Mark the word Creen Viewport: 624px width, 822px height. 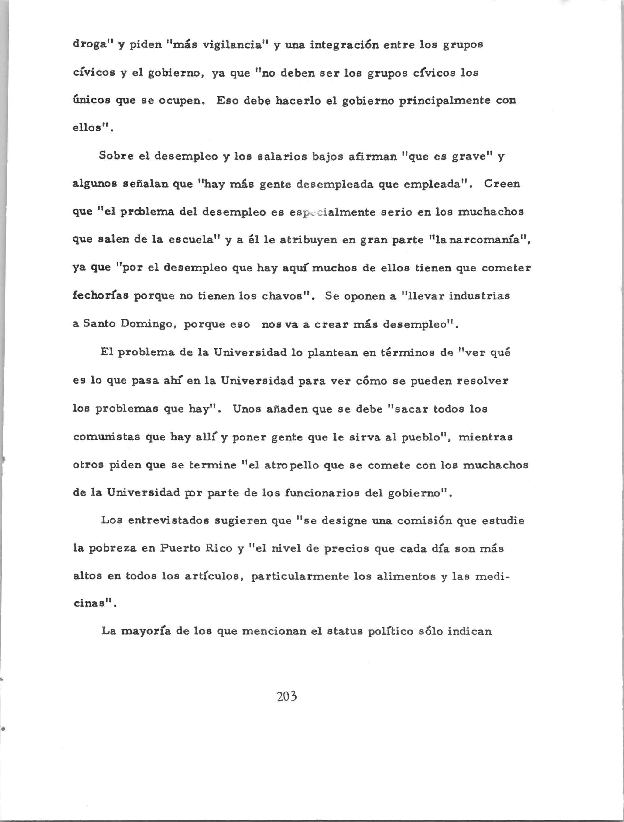click(502, 184)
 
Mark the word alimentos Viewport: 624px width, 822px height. click(405, 576)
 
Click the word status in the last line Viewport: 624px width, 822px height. click(344, 632)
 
